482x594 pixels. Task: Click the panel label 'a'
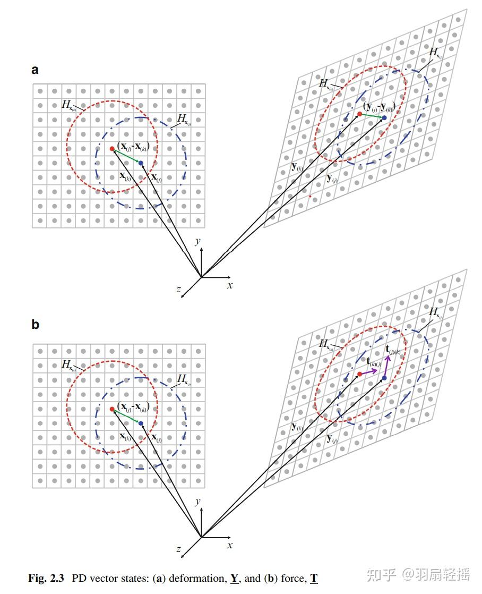[x=35, y=70]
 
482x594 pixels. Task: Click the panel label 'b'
[x=35, y=324]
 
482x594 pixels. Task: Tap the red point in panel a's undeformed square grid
[x=111, y=149]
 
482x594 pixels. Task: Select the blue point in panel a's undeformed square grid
[x=140, y=163]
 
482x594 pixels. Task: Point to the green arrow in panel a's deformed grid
[x=372, y=115]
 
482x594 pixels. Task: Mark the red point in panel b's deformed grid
[x=359, y=374]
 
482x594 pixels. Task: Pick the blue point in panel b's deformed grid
[x=384, y=378]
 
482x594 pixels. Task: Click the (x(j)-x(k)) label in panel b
[x=133, y=406]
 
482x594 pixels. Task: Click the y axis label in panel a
[x=197, y=242]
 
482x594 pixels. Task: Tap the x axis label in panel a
[x=230, y=285]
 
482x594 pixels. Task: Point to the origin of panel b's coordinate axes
[x=201, y=537]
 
